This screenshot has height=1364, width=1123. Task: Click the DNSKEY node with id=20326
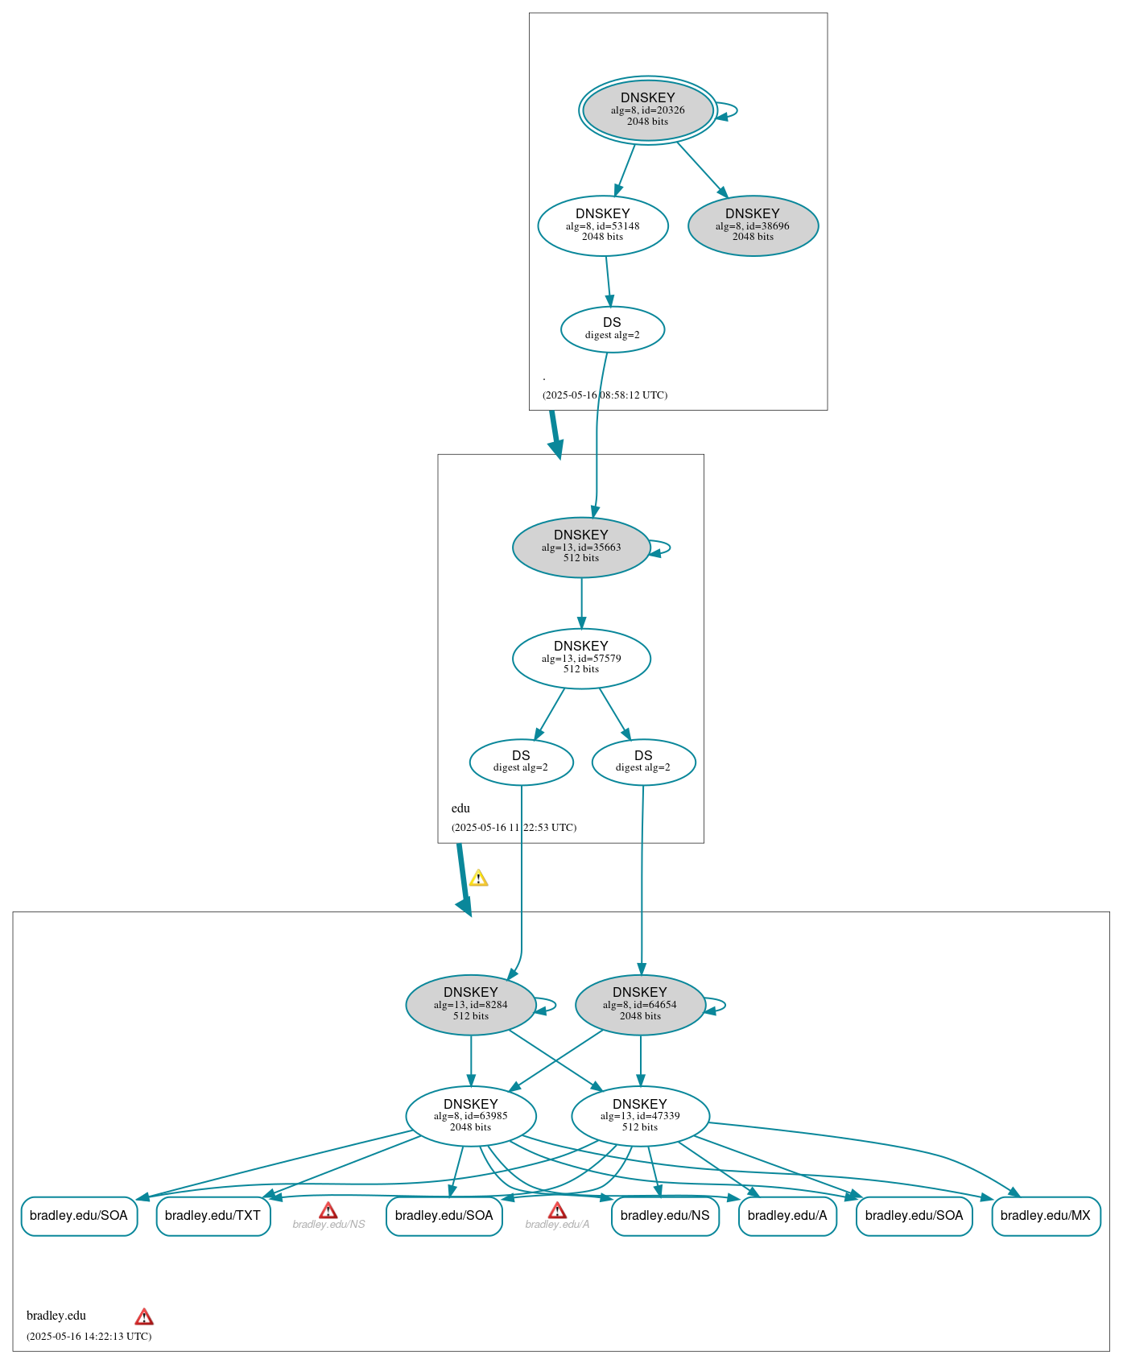647,110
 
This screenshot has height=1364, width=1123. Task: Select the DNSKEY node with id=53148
603,225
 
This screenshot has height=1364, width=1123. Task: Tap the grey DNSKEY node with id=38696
753,225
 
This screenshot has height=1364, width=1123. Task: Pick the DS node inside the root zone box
612,329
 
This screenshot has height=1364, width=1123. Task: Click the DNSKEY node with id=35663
580,547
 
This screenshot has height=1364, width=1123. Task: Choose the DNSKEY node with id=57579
580,658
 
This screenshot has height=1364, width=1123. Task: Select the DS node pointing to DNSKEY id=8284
521,762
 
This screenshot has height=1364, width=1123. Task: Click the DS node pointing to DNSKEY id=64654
643,762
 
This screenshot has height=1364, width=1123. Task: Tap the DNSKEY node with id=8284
471,1004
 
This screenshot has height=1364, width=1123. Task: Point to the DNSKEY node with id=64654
640,1004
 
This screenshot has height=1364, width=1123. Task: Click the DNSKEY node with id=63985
471,1115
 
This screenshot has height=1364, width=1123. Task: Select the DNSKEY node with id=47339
640,1115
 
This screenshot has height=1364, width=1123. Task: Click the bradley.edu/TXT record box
213,1215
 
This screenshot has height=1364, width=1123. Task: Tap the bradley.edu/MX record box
1045,1215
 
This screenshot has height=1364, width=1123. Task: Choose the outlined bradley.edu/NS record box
664,1215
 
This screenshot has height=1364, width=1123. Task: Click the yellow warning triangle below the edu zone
478,878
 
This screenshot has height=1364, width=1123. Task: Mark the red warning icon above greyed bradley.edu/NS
328,1210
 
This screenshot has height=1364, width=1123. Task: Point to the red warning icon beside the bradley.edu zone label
144,1316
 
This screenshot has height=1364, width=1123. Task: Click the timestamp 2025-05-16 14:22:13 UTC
89,1336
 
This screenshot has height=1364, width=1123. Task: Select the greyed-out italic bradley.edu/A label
557,1225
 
